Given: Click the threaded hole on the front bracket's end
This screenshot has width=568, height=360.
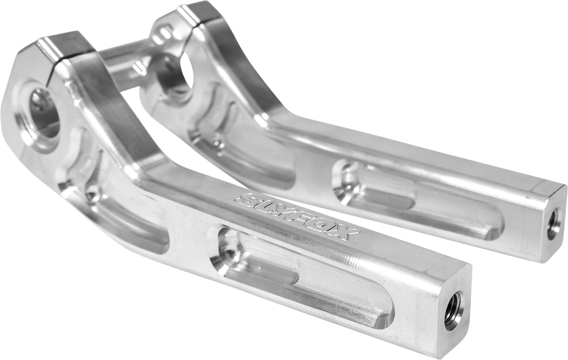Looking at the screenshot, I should click(x=453, y=310).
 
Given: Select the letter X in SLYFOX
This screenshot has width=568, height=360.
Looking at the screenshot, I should click(x=347, y=233).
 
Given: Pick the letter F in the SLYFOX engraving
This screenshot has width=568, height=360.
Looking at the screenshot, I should click(x=305, y=219).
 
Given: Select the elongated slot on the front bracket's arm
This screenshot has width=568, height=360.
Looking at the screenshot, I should click(x=303, y=272).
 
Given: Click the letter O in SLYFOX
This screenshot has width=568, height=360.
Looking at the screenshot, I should click(x=327, y=226).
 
